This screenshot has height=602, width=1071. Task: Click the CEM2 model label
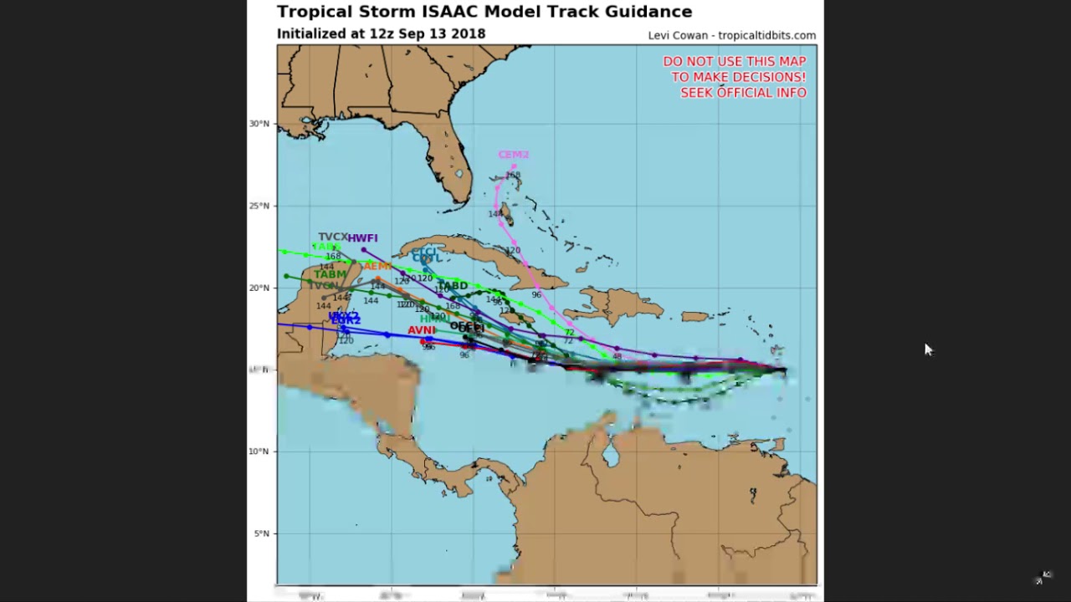pyautogui.click(x=513, y=155)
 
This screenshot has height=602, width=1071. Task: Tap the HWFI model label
pyautogui.click(x=362, y=238)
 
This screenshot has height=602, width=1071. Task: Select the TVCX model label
pyautogui.click(x=332, y=237)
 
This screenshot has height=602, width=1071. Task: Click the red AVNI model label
pyautogui.click(x=421, y=330)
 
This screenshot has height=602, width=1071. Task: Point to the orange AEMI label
pyautogui.click(x=377, y=266)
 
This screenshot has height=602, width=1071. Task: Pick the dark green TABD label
pyautogui.click(x=453, y=286)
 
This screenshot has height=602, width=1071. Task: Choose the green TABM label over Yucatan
pyautogui.click(x=330, y=274)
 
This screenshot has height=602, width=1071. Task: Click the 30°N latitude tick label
pyautogui.click(x=259, y=124)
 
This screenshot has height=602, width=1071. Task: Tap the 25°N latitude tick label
pyautogui.click(x=259, y=206)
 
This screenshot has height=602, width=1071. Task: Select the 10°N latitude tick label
pyautogui.click(x=259, y=451)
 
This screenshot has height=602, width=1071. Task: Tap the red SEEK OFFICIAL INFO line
pyautogui.click(x=743, y=93)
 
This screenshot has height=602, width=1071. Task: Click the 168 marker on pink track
pyautogui.click(x=513, y=175)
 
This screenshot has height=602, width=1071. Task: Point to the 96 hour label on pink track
pyautogui.click(x=536, y=295)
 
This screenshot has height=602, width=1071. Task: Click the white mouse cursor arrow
pyautogui.click(x=927, y=349)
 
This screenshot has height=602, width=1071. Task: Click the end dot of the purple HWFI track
pyautogui.click(x=364, y=249)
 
